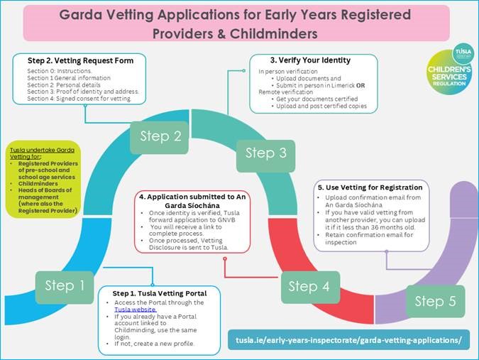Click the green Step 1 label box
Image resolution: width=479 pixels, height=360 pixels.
coord(65,287)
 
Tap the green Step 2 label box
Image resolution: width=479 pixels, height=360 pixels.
coord(160,137)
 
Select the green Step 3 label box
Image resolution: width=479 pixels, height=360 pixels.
coord(266,156)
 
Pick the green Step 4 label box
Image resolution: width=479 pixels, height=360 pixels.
coord(310,287)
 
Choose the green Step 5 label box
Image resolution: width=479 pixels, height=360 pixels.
coord(435,301)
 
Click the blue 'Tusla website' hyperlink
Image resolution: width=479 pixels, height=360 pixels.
coord(136,310)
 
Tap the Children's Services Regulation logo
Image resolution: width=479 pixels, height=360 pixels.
coord(449,69)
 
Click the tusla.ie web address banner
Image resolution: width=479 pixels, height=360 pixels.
coord(348,340)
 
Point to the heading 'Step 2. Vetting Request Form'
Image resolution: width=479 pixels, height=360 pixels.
coord(81,60)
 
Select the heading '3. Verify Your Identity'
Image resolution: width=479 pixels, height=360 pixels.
coord(310,60)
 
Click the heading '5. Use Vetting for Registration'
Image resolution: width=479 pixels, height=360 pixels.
coord(370,187)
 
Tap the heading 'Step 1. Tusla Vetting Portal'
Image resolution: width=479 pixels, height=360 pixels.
coord(160,293)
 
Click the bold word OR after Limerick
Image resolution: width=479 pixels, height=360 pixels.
coord(360,85)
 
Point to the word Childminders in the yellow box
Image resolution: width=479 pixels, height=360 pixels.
coord(38,183)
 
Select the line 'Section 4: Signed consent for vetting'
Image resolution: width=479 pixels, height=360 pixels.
coord(79,99)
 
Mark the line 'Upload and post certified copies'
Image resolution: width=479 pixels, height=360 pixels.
coord(321,106)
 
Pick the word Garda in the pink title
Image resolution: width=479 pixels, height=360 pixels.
coord(80,15)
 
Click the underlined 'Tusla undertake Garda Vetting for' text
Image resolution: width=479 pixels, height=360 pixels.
coord(42,153)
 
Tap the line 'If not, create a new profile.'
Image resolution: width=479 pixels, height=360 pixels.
coord(154,344)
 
